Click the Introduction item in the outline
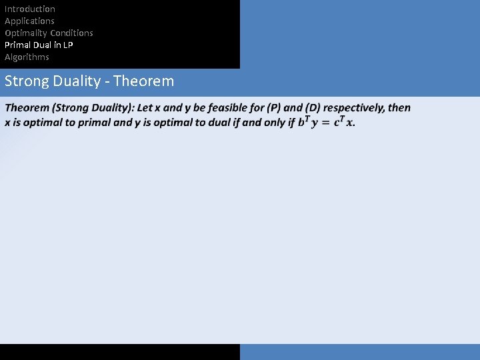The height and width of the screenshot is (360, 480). (x=30, y=9)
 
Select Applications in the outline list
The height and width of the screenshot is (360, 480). (x=29, y=21)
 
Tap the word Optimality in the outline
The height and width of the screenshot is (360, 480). (x=25, y=33)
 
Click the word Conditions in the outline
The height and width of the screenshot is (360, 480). (x=71, y=33)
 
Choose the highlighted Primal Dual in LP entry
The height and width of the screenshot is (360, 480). (x=39, y=45)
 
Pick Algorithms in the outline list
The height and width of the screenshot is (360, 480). (x=27, y=57)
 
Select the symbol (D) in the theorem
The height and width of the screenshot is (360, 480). (x=313, y=108)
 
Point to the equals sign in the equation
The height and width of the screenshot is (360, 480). (x=326, y=123)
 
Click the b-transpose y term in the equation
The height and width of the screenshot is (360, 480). (x=307, y=122)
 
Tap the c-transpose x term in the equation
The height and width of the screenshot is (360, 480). (x=344, y=122)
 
